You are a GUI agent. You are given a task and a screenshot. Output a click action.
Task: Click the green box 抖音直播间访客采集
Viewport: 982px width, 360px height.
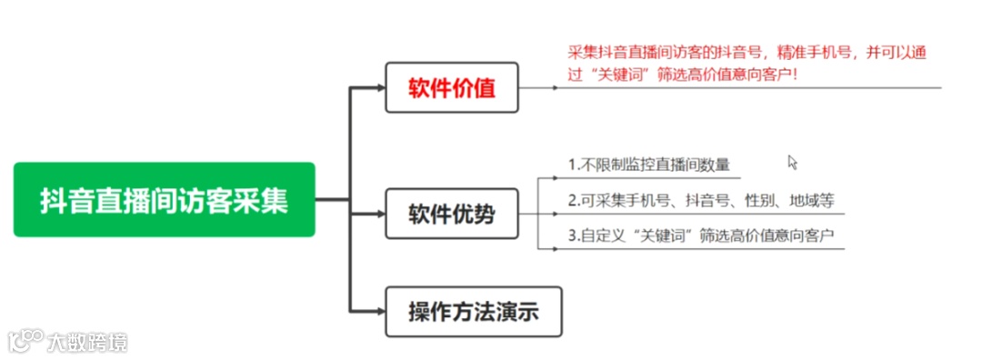[x=164, y=199]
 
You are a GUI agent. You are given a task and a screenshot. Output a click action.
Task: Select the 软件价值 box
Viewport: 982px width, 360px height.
[x=452, y=87]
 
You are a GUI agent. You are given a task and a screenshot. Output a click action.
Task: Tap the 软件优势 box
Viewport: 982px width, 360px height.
[x=452, y=215]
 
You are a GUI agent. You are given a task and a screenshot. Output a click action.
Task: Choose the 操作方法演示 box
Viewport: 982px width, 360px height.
[x=473, y=312]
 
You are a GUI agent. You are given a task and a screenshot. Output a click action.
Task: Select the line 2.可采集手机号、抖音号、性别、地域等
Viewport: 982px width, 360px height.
[x=701, y=200]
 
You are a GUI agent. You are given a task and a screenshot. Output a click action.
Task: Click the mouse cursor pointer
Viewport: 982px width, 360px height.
[x=791, y=161]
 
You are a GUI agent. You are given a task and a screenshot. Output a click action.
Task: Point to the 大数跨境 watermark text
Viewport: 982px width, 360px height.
[x=88, y=342]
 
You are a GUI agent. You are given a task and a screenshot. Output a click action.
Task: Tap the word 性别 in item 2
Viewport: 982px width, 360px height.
[x=759, y=200]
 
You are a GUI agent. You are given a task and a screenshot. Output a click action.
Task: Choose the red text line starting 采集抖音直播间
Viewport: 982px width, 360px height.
[x=746, y=53]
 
